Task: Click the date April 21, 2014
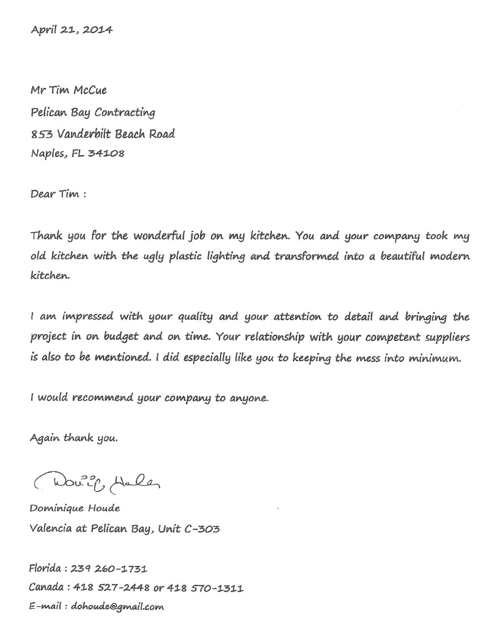(72, 29)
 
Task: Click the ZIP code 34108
(106, 153)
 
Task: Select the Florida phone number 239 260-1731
(109, 568)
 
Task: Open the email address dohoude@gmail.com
(117, 607)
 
